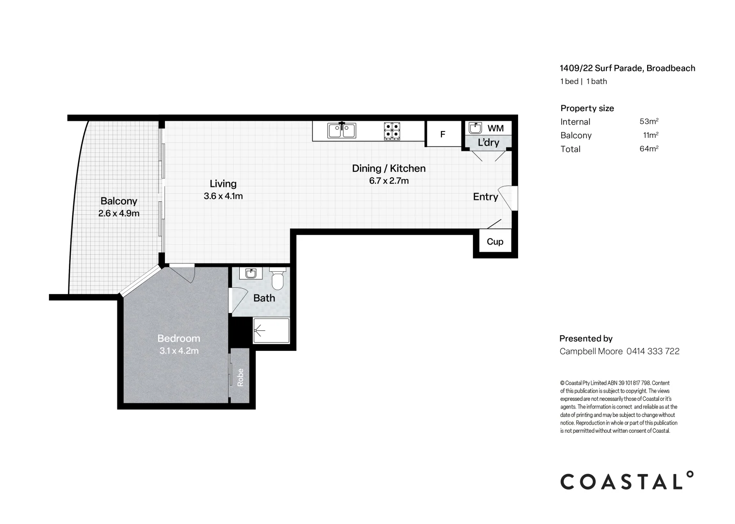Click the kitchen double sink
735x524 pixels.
(x=342, y=131)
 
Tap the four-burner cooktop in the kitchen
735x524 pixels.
(x=392, y=131)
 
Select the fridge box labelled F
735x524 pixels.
(x=442, y=134)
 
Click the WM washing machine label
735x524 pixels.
(x=495, y=128)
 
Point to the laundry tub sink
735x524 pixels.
(x=475, y=128)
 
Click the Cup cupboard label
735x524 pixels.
(x=495, y=242)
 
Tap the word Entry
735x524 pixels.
(x=485, y=196)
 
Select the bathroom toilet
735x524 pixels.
(x=278, y=279)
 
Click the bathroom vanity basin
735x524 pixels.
(x=251, y=274)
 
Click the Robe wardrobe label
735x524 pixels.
(x=240, y=377)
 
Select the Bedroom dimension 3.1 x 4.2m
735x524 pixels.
(x=179, y=351)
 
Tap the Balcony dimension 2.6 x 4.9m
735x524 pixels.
(x=119, y=213)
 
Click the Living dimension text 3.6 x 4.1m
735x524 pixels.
(x=223, y=196)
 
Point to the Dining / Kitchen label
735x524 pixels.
(x=389, y=168)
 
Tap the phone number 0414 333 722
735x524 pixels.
(x=653, y=351)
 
